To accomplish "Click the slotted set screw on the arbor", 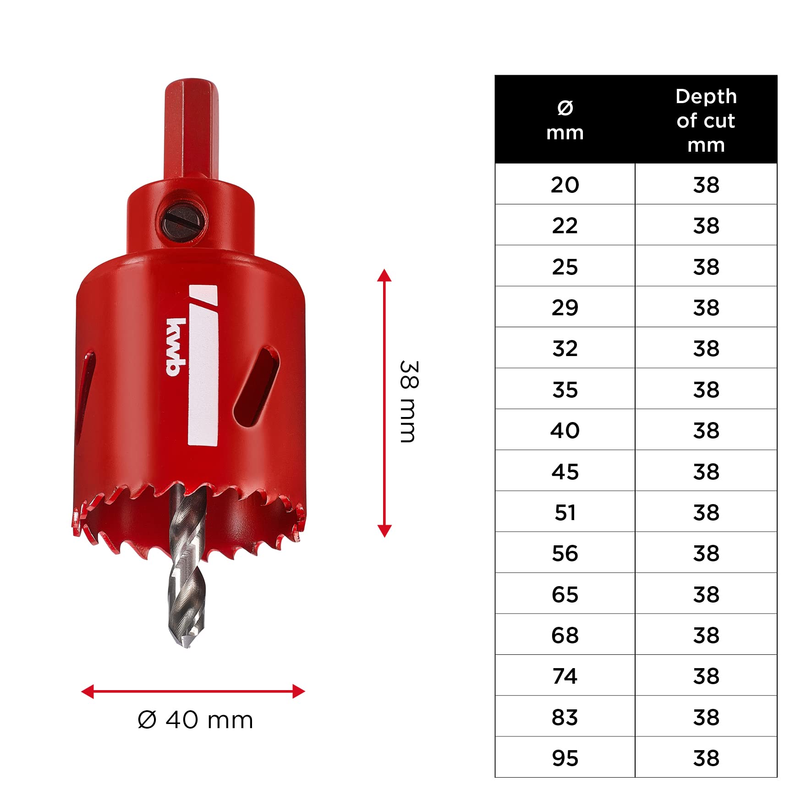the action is [x=184, y=222].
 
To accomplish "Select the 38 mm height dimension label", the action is [x=408, y=401].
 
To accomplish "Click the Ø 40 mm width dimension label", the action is [x=195, y=720].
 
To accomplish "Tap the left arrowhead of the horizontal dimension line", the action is [x=88, y=691].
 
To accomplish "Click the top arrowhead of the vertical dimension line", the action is [x=384, y=275].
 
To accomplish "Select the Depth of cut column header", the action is [x=706, y=121].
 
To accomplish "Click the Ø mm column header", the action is [x=565, y=121].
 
